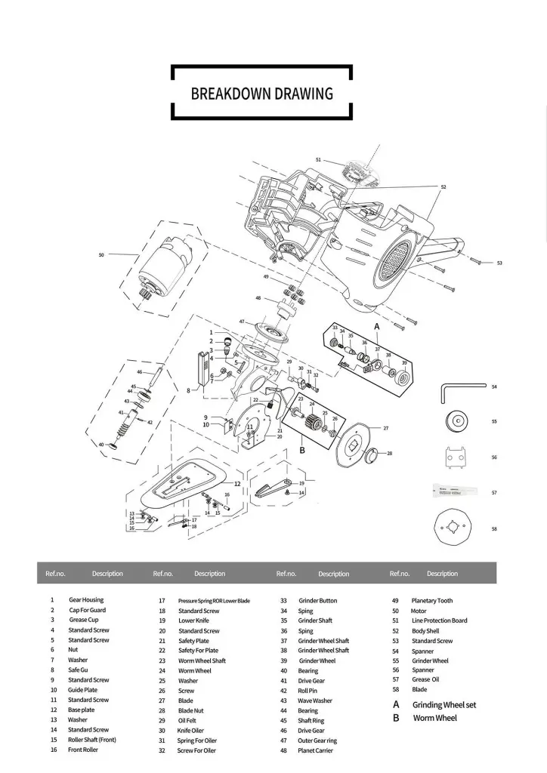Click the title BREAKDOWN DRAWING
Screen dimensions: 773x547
pyautogui.click(x=261, y=94)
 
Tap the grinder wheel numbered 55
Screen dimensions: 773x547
pyautogui.click(x=458, y=420)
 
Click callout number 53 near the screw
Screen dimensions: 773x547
pyautogui.click(x=499, y=263)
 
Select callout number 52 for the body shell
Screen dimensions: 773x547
pyautogui.click(x=443, y=186)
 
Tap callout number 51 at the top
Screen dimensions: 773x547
pyautogui.click(x=319, y=160)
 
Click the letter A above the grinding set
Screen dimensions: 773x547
pyautogui.click(x=376, y=325)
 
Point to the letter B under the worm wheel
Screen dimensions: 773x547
pyautogui.click(x=301, y=451)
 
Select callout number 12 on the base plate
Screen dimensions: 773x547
pyautogui.click(x=236, y=483)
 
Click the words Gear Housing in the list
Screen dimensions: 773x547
pyautogui.click(x=86, y=600)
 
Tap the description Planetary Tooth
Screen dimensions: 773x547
pyautogui.click(x=432, y=600)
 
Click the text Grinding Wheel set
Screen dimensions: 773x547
pyautogui.click(x=444, y=704)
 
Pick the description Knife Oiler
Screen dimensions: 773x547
pyautogui.click(x=191, y=730)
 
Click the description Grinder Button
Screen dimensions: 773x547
pyautogui.click(x=317, y=600)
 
